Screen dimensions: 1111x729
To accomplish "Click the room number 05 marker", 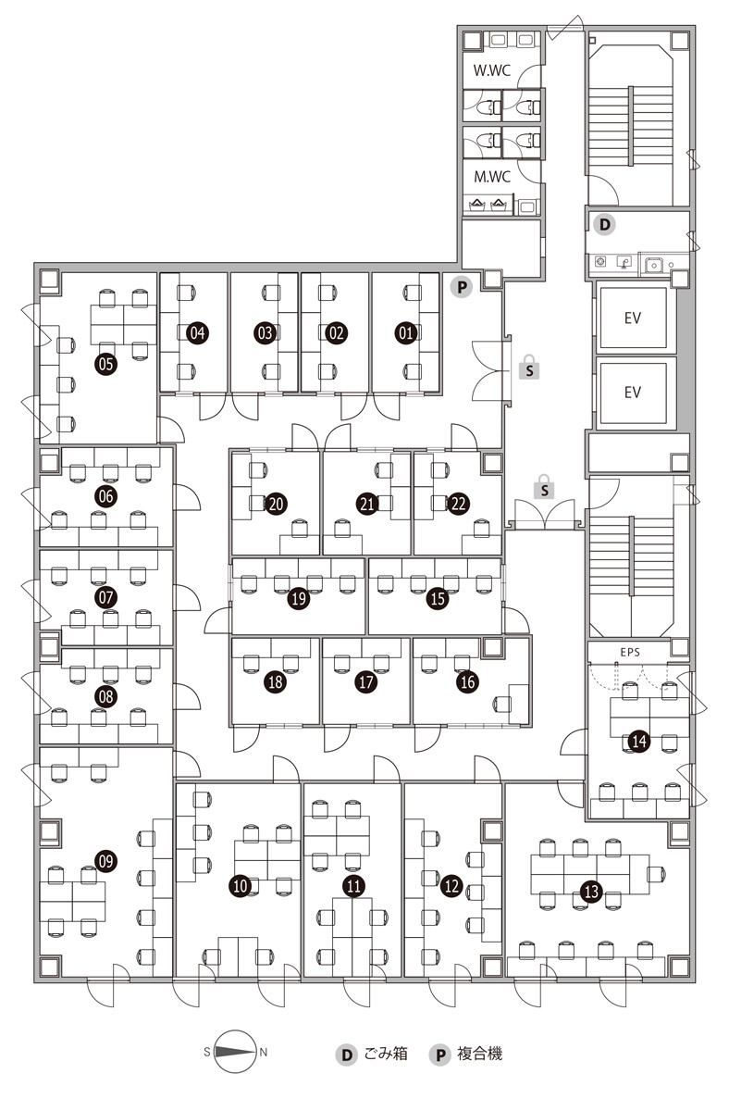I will pyautogui.click(x=105, y=364).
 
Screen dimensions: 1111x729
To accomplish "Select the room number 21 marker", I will pyautogui.click(x=366, y=504).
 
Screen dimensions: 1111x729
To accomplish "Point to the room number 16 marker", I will pyautogui.click(x=467, y=681).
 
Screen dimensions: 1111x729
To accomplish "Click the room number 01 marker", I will pyautogui.click(x=405, y=332).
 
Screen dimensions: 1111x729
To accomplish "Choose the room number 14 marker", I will pyautogui.click(x=638, y=741).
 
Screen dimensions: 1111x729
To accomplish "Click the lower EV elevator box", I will pyautogui.click(x=633, y=392).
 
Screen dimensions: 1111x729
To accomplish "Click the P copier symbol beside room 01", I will pyautogui.click(x=462, y=287).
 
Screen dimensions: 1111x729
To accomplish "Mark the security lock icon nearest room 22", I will pyautogui.click(x=546, y=488).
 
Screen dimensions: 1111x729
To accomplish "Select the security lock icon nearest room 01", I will pyautogui.click(x=529, y=367).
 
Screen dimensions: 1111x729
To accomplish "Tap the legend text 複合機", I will pyautogui.click(x=480, y=1054).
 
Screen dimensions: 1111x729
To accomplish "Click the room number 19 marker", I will pyautogui.click(x=298, y=599).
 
